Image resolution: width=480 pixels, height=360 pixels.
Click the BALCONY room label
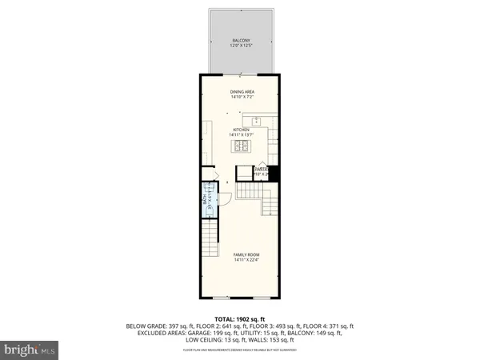(240, 40)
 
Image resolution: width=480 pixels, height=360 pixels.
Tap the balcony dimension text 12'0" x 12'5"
(240, 46)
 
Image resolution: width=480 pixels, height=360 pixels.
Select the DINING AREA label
(242, 92)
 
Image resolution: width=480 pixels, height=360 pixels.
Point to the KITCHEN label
(242, 130)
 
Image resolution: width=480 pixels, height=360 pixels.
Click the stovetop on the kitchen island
(242, 146)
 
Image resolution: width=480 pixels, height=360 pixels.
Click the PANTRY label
(261, 168)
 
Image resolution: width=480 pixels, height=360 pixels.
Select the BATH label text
(204, 201)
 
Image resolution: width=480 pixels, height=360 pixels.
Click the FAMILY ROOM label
(246, 254)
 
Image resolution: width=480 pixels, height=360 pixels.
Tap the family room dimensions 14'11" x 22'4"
(246, 260)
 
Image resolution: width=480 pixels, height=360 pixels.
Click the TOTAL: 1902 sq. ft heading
(240, 319)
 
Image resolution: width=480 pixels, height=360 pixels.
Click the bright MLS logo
(30, 350)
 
